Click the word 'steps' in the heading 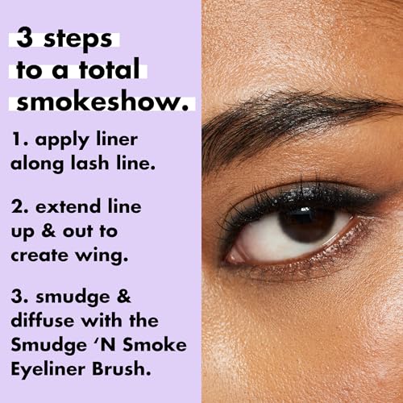pos(80,39)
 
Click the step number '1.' pos(19,140)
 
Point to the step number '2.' pos(20,207)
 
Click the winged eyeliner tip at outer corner pos(385,193)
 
